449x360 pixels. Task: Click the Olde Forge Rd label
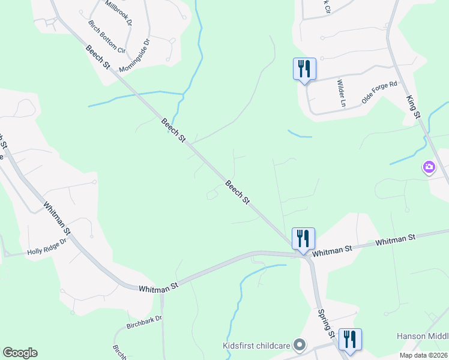(x=379, y=92)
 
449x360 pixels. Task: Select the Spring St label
(x=327, y=323)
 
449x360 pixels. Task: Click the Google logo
(x=20, y=353)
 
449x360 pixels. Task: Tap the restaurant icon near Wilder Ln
(x=304, y=69)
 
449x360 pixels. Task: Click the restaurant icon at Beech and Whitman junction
(x=303, y=238)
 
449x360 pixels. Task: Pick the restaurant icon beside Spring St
(x=349, y=339)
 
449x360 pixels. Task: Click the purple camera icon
(x=429, y=167)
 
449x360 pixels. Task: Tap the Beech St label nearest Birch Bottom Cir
(x=97, y=58)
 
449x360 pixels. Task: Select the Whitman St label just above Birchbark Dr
(x=158, y=286)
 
